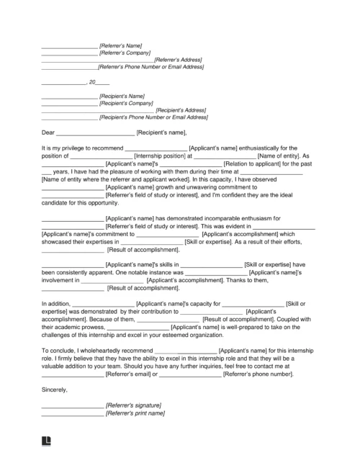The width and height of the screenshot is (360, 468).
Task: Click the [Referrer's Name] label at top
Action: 124,46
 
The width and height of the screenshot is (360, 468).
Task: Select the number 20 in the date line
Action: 91,83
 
